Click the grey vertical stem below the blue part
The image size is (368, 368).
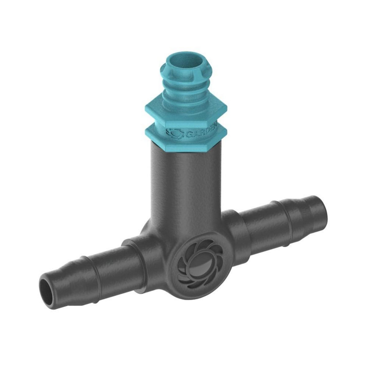(x=184, y=184)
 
